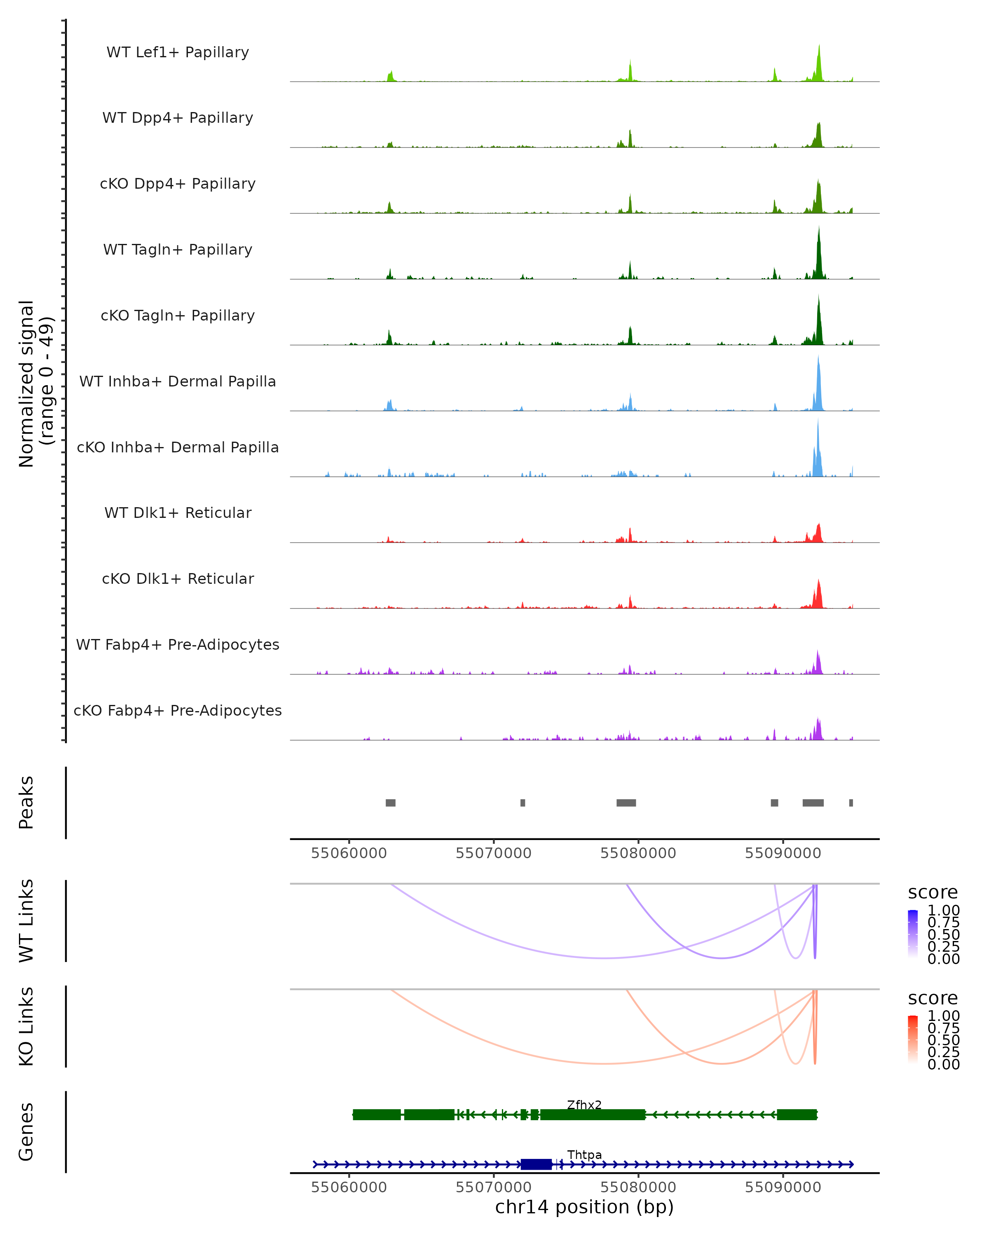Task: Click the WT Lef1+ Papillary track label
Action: (x=178, y=52)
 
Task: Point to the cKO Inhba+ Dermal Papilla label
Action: (x=178, y=447)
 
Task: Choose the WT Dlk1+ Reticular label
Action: (x=178, y=513)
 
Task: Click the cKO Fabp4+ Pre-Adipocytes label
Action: (x=178, y=710)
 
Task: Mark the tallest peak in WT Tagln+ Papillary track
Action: (x=819, y=229)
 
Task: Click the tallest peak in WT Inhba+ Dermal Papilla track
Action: (x=818, y=359)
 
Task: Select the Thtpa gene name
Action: (x=584, y=1154)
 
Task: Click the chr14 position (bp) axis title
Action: (x=584, y=1207)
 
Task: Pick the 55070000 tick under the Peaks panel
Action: (x=493, y=853)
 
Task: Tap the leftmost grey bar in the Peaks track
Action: (x=390, y=803)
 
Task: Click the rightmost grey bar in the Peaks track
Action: (x=851, y=803)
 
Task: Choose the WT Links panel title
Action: (x=26, y=921)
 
